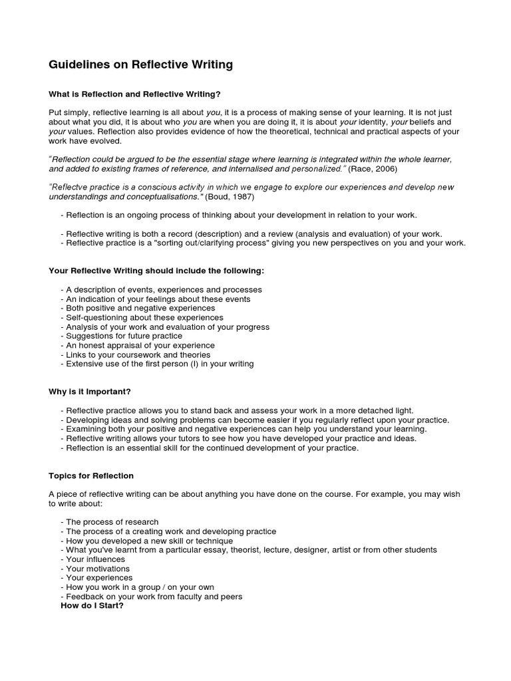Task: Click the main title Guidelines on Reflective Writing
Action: coord(140,65)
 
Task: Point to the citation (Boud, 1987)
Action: coord(229,197)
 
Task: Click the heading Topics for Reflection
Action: coord(91,476)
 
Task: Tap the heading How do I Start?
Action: coord(92,606)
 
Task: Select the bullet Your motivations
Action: coord(98,569)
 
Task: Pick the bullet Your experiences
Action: coord(98,578)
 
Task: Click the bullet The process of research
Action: coord(112,522)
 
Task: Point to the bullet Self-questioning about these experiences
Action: coord(144,317)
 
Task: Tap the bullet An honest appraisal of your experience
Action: coord(140,345)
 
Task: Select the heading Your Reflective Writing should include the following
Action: coord(156,271)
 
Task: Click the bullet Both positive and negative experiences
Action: coord(140,308)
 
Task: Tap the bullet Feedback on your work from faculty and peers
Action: coord(154,597)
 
